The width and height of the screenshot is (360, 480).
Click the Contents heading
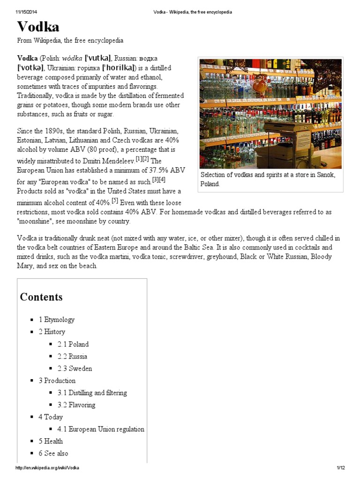(41, 297)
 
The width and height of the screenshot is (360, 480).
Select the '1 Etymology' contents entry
(57, 320)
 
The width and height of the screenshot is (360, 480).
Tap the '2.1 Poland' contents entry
(73, 344)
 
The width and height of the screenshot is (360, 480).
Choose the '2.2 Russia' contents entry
(72, 356)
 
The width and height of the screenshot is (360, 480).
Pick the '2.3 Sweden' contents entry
(75, 368)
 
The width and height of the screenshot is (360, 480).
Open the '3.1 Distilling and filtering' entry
(92, 393)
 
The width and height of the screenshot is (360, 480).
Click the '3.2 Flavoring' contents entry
(76, 405)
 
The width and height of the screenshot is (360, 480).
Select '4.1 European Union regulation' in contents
(101, 429)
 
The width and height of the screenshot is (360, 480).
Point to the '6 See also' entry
(53, 453)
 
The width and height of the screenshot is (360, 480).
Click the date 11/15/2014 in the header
(27, 12)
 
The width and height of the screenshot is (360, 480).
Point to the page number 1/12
(340, 468)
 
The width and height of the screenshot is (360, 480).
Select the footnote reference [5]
(114, 201)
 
